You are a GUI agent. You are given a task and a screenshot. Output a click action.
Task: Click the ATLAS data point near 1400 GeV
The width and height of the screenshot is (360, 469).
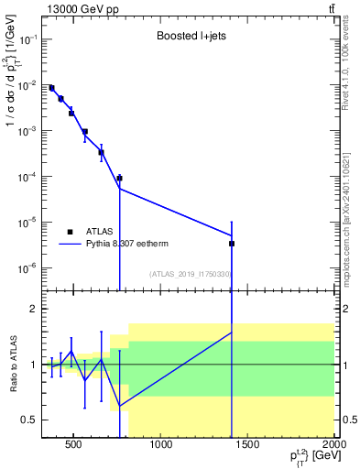tap(232, 244)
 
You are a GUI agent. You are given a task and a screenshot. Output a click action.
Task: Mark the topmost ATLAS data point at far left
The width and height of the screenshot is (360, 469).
tap(51, 88)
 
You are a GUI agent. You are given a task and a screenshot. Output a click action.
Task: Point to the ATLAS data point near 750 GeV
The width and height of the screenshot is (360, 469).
tap(119, 178)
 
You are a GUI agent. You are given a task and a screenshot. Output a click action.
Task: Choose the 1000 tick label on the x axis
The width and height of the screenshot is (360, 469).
tap(161, 446)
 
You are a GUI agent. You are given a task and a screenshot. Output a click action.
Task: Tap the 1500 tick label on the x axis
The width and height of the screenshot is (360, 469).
tap(248, 446)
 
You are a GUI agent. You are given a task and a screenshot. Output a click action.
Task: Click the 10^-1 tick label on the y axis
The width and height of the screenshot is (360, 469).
tap(26, 40)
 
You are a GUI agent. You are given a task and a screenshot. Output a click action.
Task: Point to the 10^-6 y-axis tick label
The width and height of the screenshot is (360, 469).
tap(26, 267)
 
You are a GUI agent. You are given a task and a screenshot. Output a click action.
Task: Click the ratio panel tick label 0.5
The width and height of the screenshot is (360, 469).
tap(28, 420)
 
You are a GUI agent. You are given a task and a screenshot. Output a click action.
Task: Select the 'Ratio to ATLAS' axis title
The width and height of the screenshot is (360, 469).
tap(14, 365)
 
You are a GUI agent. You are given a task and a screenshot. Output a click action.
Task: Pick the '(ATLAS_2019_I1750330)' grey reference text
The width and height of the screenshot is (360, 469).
tap(190, 274)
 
